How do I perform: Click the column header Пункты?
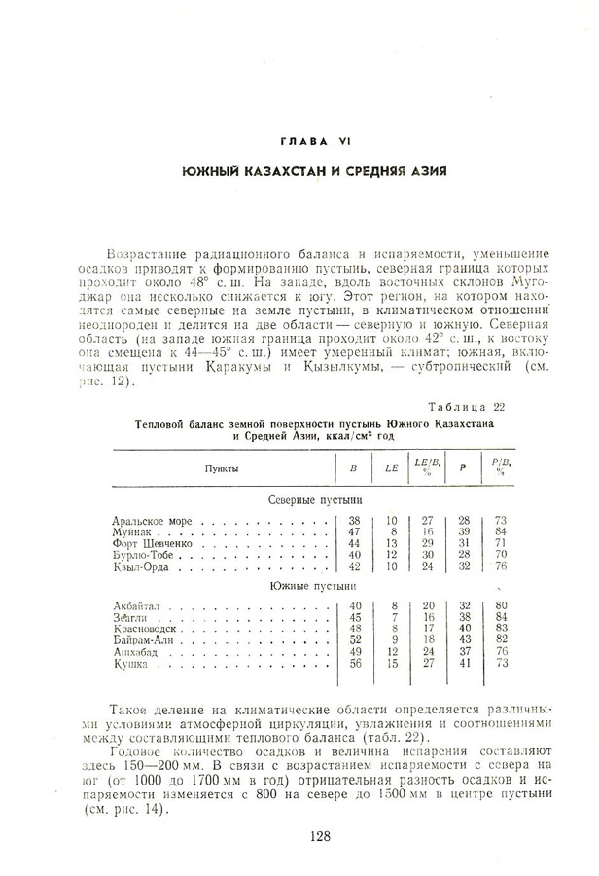221,468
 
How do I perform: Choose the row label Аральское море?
153,521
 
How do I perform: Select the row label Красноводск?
148,629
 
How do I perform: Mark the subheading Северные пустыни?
307,498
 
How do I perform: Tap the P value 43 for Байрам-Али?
465,639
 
